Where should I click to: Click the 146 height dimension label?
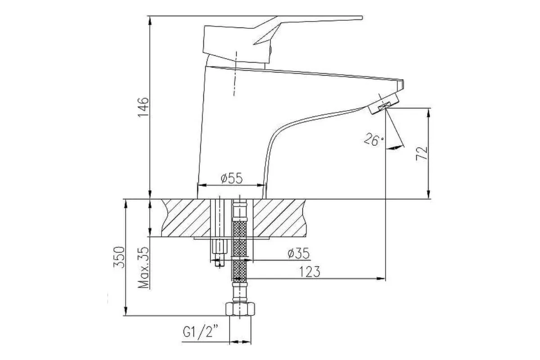coord(143,107)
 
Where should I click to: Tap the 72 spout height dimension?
coord(422,153)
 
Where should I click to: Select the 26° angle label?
coord(373,139)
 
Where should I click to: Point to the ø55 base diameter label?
coord(232,179)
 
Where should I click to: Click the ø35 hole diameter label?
coord(298,253)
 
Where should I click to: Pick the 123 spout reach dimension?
coord(310,272)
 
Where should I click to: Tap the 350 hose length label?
coord(119,257)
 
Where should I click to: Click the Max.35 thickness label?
coord(144,267)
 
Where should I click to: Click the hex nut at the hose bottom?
coord(240,309)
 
